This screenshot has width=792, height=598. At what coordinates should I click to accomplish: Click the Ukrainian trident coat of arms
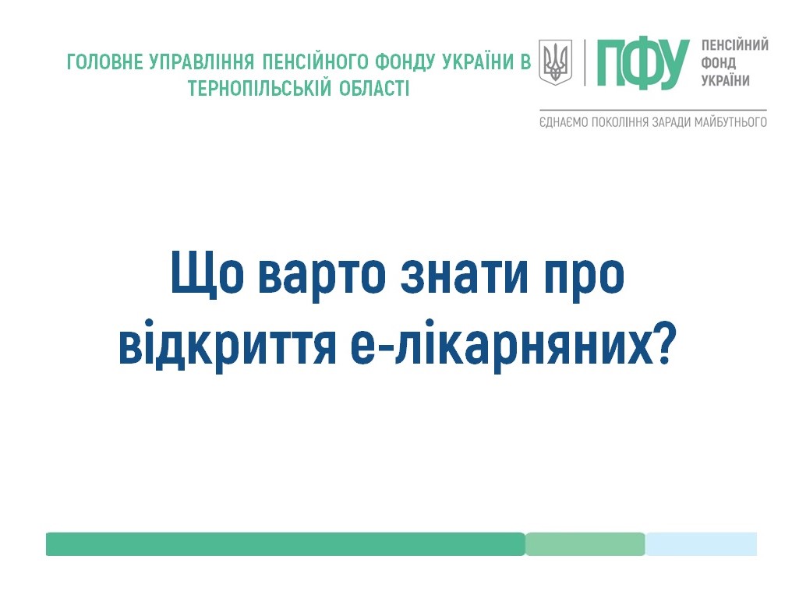point(555,62)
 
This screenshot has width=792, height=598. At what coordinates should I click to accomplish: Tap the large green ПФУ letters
point(642,63)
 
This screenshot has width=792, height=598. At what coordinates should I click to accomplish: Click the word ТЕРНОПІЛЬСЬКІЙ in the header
point(260,88)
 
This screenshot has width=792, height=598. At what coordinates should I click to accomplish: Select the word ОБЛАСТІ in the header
point(373,88)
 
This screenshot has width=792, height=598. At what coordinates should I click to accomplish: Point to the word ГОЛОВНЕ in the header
point(105,62)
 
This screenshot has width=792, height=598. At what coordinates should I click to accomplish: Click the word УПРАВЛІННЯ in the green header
point(202,62)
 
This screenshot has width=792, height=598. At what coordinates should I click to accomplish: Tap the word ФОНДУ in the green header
point(405,62)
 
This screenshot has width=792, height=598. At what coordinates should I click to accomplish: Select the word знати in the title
point(464,276)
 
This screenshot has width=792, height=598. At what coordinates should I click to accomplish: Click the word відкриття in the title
point(228,344)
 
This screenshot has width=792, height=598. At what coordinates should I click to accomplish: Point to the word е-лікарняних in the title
point(501,344)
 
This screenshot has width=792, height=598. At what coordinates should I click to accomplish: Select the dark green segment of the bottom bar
point(285,544)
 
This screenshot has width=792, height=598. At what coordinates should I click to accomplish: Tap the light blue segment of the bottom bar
point(701,544)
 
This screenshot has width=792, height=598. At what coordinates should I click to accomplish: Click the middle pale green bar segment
point(585,544)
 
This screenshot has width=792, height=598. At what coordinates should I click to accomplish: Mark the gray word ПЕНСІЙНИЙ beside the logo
point(734,45)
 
